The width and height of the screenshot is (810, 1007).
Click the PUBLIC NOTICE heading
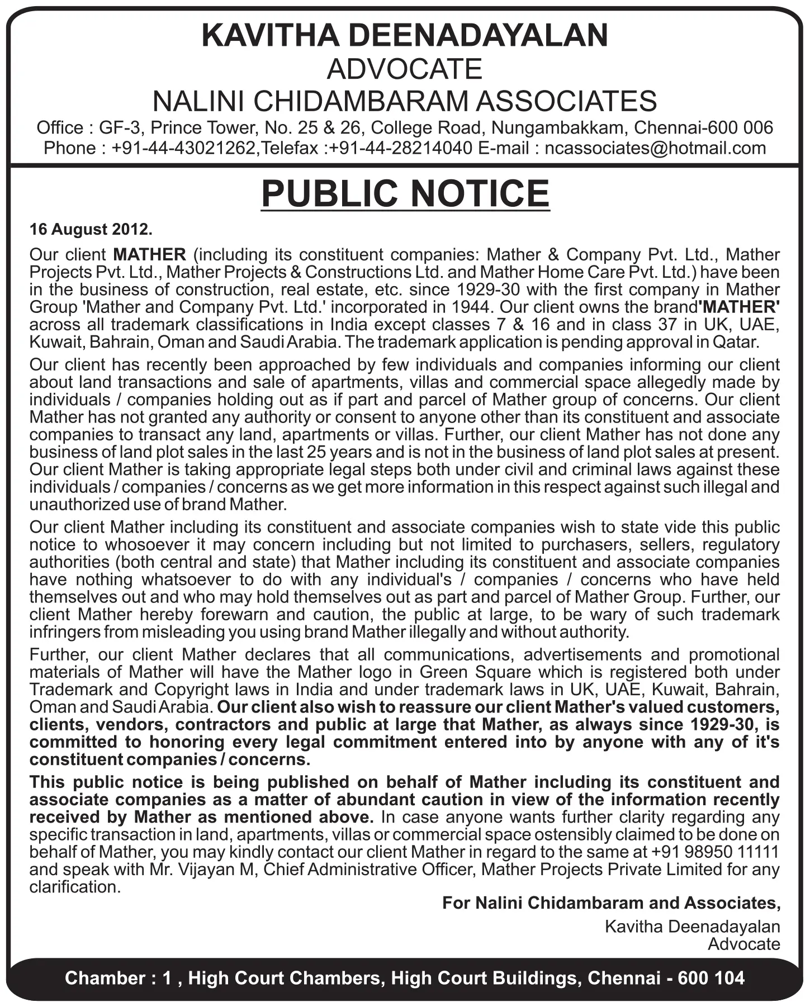pos(405,193)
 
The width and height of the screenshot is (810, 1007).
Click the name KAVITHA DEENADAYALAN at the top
pos(405,35)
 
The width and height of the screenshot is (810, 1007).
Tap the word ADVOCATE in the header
pos(405,69)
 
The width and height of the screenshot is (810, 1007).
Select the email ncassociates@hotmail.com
pos(655,148)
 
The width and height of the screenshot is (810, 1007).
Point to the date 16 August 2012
pos(91,230)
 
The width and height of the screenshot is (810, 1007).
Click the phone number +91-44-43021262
pos(184,148)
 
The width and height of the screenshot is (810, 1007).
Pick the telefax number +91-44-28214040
pos(401,148)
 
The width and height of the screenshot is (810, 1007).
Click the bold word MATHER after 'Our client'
pos(149,255)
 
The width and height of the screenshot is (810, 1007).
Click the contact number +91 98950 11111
pos(715,852)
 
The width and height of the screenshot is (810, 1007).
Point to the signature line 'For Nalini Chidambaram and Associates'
pos(611,902)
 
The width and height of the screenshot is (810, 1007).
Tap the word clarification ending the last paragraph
pos(75,887)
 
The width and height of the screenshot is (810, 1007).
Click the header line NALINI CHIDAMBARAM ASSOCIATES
pos(405,101)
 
